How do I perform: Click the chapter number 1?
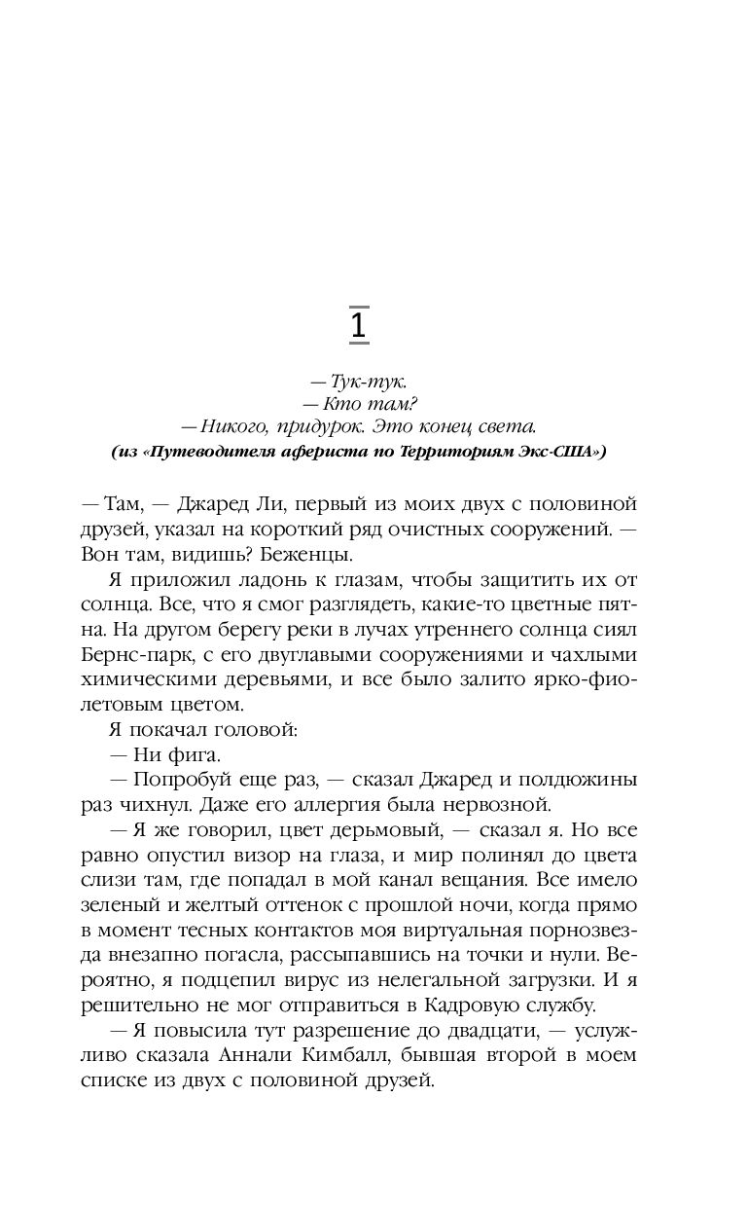(358, 326)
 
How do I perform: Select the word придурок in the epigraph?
(336, 425)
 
